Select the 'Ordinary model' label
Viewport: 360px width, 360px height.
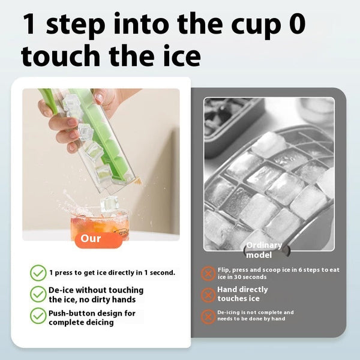tap(263, 250)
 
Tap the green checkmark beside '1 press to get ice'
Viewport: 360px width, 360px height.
tap(38, 273)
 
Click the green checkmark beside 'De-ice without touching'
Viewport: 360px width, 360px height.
tap(38, 294)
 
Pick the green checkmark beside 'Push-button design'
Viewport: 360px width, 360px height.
tap(38, 316)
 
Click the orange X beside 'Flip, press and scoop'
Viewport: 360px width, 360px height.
tap(208, 274)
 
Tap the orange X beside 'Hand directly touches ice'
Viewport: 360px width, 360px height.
tap(208, 295)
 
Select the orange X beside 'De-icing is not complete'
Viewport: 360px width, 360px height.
tap(208, 316)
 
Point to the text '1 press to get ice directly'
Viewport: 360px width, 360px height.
tap(112, 272)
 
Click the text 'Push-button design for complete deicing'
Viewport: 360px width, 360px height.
tap(92, 317)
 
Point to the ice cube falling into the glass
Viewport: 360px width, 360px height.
tap(109, 204)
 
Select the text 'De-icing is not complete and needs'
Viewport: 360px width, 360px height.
tap(255, 316)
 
